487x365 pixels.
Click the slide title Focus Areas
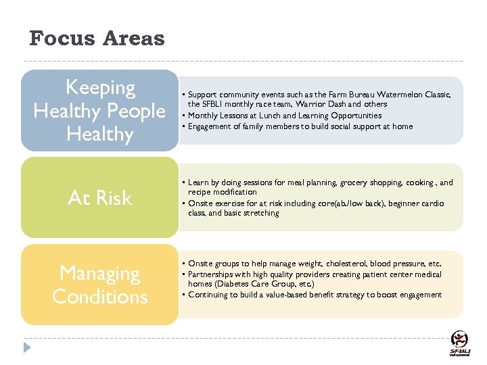pos(97,38)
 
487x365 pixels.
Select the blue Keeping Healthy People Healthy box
pos(99,110)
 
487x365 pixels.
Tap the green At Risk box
pos(99,197)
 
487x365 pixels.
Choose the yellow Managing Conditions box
pos(99,285)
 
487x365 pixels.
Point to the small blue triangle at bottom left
pos(27,347)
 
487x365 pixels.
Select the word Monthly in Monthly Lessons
pos(203,116)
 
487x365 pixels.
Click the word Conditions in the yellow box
pos(99,297)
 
